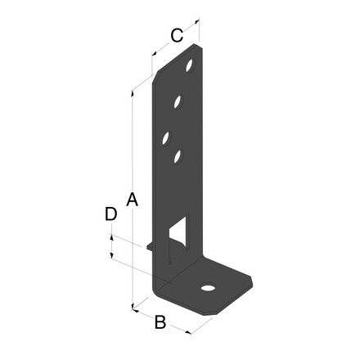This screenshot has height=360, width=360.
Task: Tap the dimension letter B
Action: [161, 322]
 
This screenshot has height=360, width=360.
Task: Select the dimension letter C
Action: [175, 34]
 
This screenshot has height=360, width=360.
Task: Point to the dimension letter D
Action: [111, 214]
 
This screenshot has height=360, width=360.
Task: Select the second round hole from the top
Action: [177, 102]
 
